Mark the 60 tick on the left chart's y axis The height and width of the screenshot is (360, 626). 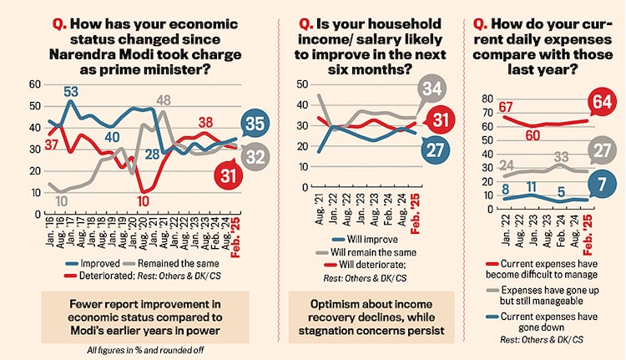[35, 84]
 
